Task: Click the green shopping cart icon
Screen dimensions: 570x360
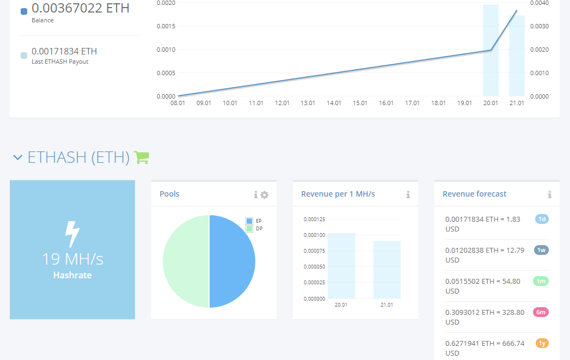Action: point(142,157)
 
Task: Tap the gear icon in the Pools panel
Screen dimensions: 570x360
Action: point(265,195)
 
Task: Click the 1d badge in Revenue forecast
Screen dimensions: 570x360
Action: point(542,219)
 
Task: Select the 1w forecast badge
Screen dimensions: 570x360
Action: point(541,250)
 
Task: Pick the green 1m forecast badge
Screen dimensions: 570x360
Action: point(541,281)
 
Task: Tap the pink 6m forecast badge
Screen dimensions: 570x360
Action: point(541,312)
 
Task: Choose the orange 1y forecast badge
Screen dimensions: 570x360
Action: point(542,343)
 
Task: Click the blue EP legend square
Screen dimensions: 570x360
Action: point(249,221)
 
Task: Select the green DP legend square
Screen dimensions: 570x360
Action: point(249,229)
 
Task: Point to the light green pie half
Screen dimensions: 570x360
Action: point(186,261)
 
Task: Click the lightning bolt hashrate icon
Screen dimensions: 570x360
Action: point(72,234)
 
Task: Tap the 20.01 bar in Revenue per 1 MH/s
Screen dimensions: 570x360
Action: point(341,266)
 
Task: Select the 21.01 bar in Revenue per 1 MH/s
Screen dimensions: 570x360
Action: point(387,270)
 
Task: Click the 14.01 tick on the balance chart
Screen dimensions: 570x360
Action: point(334,103)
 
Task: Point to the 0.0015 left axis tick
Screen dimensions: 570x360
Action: point(166,26)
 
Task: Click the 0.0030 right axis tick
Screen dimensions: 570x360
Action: point(540,26)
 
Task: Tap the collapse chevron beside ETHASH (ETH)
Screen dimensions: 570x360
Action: point(18,157)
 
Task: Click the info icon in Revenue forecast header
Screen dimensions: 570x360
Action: point(550,195)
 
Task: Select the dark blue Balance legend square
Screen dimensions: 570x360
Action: point(24,11)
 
